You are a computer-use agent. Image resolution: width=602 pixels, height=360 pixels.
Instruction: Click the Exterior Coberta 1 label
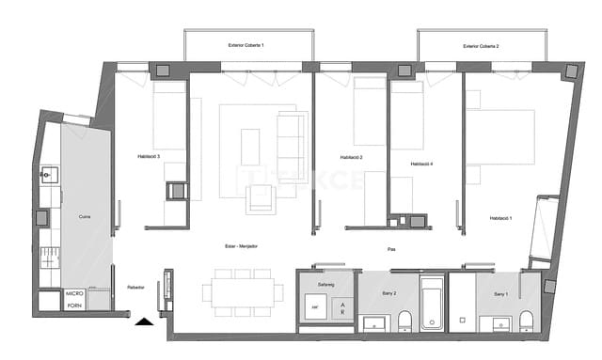(x=246, y=45)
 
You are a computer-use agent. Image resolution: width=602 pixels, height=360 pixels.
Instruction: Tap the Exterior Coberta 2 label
(x=481, y=45)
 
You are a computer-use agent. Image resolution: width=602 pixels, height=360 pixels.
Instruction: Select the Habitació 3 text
(x=148, y=156)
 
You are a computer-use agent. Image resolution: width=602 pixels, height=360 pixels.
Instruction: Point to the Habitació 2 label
(x=351, y=157)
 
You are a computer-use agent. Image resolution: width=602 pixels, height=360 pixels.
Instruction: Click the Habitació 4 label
(x=421, y=165)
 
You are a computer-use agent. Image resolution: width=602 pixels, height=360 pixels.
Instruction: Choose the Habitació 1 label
(x=500, y=218)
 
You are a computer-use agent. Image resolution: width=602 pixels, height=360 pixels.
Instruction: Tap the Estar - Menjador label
(x=242, y=246)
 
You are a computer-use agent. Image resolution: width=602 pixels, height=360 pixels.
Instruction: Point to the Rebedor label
(x=135, y=288)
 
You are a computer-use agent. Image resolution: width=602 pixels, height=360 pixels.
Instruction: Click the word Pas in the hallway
(x=390, y=249)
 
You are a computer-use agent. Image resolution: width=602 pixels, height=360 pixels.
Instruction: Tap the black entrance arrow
(x=143, y=322)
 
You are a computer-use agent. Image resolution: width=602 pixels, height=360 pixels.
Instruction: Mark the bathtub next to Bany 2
(x=432, y=303)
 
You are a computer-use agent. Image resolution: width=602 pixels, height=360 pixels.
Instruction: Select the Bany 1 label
(x=501, y=294)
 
